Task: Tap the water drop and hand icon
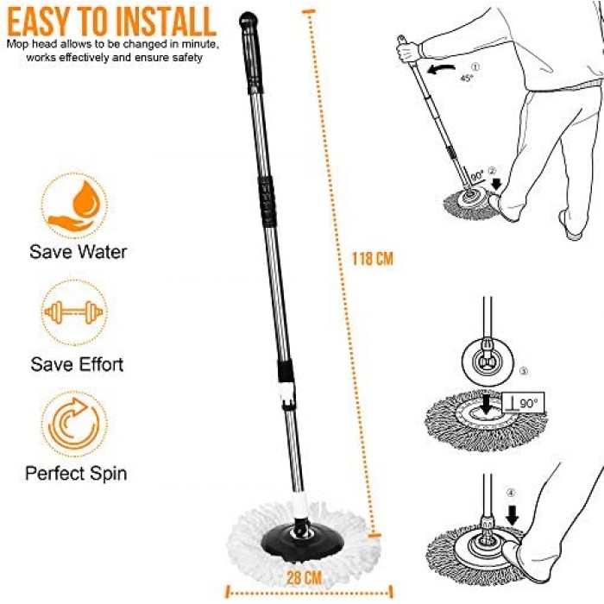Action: coord(73,206)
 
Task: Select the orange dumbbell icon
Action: coord(73,312)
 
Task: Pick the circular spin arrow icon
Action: coord(73,424)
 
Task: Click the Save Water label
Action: coord(79,252)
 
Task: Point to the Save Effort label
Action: coord(77,364)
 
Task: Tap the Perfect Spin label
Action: coord(76,473)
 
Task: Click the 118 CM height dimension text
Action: coord(373,259)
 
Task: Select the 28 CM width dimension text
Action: coord(305,577)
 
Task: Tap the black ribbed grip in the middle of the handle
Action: coord(267,201)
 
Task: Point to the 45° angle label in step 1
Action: coord(467,78)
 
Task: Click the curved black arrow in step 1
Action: coord(442,69)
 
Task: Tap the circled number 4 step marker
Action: coord(511,493)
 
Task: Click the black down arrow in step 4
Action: coord(513,514)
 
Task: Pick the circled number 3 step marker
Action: coord(524,371)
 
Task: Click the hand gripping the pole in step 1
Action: coord(409,51)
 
